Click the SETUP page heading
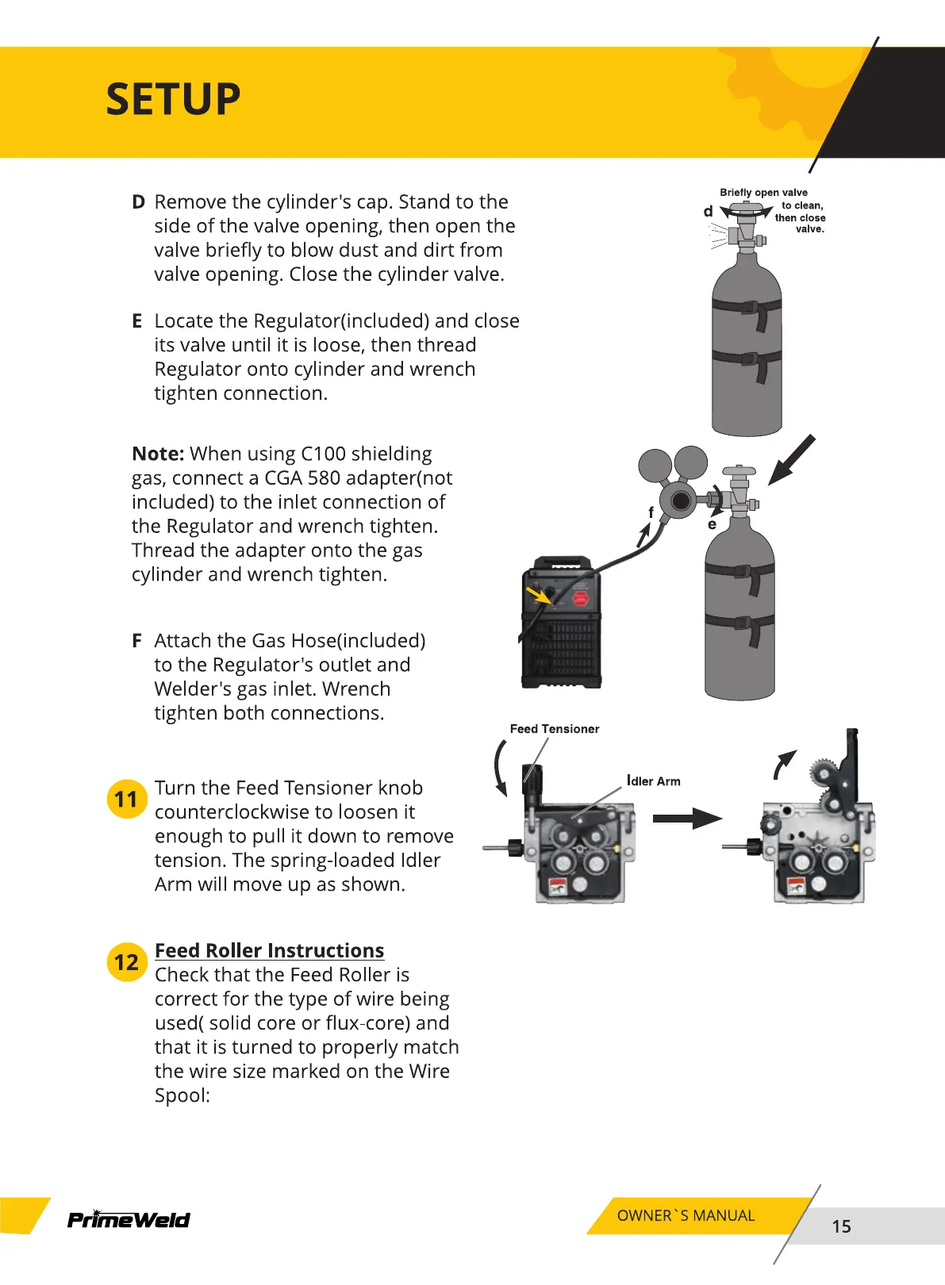click(x=173, y=100)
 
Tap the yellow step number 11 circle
click(x=126, y=799)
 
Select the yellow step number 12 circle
click(x=126, y=962)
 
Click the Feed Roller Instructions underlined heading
click(x=269, y=950)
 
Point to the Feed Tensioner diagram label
click(x=554, y=729)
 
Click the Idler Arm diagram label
click(x=654, y=781)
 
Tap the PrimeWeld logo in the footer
click(x=129, y=1219)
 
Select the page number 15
click(x=841, y=1226)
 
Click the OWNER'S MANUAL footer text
click(x=686, y=1216)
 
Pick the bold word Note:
click(x=158, y=454)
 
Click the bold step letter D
click(x=138, y=202)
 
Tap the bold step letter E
click(x=137, y=321)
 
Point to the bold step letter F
click(x=137, y=641)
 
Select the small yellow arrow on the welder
click(x=539, y=594)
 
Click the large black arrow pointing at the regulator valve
click(x=791, y=459)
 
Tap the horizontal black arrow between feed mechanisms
click(x=686, y=819)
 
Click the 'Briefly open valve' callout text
click(x=763, y=193)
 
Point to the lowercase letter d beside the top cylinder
click(x=708, y=212)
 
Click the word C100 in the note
click(x=323, y=454)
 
